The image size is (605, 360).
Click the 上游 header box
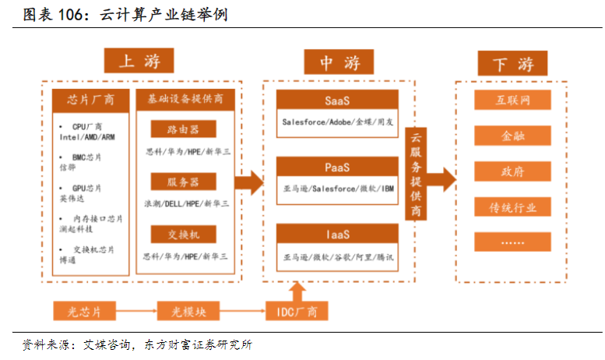[138, 61]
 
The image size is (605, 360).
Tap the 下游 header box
[512, 63]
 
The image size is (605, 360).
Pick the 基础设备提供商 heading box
[185, 100]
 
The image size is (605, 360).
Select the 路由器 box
[184, 129]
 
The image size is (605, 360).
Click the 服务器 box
[184, 182]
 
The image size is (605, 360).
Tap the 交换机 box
[184, 233]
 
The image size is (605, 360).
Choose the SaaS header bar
[337, 101]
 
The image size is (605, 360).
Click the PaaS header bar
[337, 167]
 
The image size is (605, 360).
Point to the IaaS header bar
[337, 234]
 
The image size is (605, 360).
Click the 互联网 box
[512, 100]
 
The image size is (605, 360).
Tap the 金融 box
[512, 136]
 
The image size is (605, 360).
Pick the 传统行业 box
[512, 207]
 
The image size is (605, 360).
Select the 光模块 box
[189, 312]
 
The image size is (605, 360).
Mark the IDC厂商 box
[297, 312]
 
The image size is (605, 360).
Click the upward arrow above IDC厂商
[297, 291]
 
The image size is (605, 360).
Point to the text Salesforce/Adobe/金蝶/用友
[337, 122]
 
